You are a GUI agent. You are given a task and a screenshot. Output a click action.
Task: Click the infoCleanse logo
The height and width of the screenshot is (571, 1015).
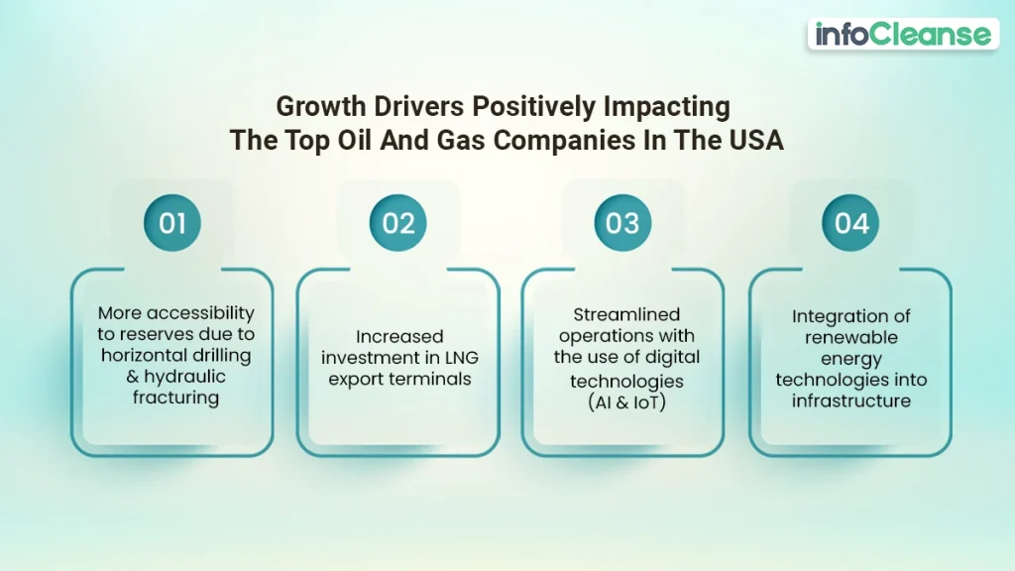(902, 35)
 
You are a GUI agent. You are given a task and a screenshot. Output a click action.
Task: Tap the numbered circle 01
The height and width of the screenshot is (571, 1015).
(172, 223)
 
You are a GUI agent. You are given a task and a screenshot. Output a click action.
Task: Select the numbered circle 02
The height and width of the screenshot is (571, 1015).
(397, 223)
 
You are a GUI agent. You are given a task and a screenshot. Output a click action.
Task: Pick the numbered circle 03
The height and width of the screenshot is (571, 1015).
(622, 223)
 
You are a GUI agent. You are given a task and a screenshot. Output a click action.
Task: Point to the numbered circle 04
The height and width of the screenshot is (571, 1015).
(850, 223)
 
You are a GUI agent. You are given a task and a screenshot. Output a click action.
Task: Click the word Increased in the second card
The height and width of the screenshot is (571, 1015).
(398, 337)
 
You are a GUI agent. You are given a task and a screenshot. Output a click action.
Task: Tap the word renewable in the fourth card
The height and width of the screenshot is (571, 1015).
(850, 338)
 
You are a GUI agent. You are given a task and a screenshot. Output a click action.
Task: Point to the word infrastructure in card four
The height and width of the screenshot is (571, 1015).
(850, 400)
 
